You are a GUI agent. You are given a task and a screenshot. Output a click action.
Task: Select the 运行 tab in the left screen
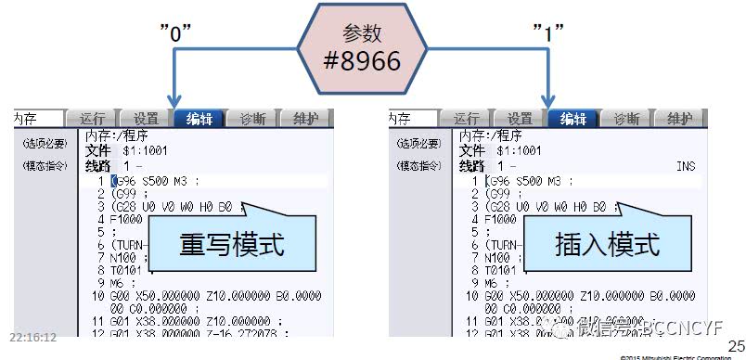pyautogui.click(x=93, y=118)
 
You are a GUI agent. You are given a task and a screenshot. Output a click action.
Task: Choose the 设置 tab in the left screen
pyautogui.click(x=146, y=118)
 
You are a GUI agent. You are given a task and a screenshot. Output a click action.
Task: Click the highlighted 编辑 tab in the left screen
pyautogui.click(x=199, y=118)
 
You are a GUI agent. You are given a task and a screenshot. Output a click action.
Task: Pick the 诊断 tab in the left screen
pyautogui.click(x=252, y=118)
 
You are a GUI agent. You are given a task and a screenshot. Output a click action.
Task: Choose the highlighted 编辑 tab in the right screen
pyautogui.click(x=572, y=118)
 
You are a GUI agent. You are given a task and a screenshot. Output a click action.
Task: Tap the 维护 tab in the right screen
pyautogui.click(x=680, y=118)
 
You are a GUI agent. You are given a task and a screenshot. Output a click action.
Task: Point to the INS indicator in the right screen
pyautogui.click(x=686, y=165)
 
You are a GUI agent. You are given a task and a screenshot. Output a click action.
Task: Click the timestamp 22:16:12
pyautogui.click(x=32, y=338)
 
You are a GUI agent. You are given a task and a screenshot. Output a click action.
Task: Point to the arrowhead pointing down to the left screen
pyautogui.click(x=173, y=99)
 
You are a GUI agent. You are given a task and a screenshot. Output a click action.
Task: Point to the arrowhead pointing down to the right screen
pyautogui.click(x=549, y=99)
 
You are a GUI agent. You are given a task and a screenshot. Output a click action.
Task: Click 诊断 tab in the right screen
pyautogui.click(x=626, y=118)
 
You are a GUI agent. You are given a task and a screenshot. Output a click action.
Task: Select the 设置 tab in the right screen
pyautogui.click(x=520, y=118)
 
